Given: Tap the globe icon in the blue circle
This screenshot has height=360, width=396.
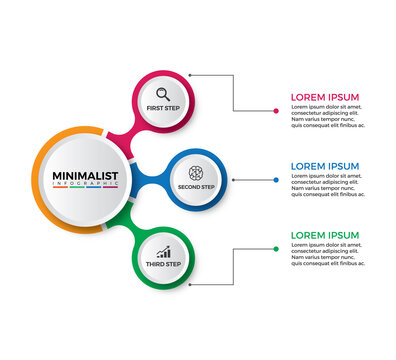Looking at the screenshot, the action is click(196, 172).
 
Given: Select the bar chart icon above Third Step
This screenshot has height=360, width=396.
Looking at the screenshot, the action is click(162, 253).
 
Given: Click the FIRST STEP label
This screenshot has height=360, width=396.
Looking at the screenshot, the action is click(162, 108).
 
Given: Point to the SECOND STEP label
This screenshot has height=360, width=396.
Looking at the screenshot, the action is click(196, 187).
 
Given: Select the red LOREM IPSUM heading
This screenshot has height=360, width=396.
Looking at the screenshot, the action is click(324, 97).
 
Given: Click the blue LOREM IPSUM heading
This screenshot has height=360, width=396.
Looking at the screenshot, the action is click(324, 166).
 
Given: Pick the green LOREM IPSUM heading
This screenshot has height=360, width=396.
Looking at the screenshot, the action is click(324, 235).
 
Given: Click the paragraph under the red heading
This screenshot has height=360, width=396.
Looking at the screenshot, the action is click(327, 116).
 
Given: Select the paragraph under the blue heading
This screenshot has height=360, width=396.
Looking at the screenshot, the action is click(327, 185).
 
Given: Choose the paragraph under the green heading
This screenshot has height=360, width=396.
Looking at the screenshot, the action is click(327, 254).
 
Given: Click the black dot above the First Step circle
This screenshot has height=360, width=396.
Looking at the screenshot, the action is click(190, 75).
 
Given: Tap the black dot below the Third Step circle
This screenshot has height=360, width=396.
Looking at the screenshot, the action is click(190, 284).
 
